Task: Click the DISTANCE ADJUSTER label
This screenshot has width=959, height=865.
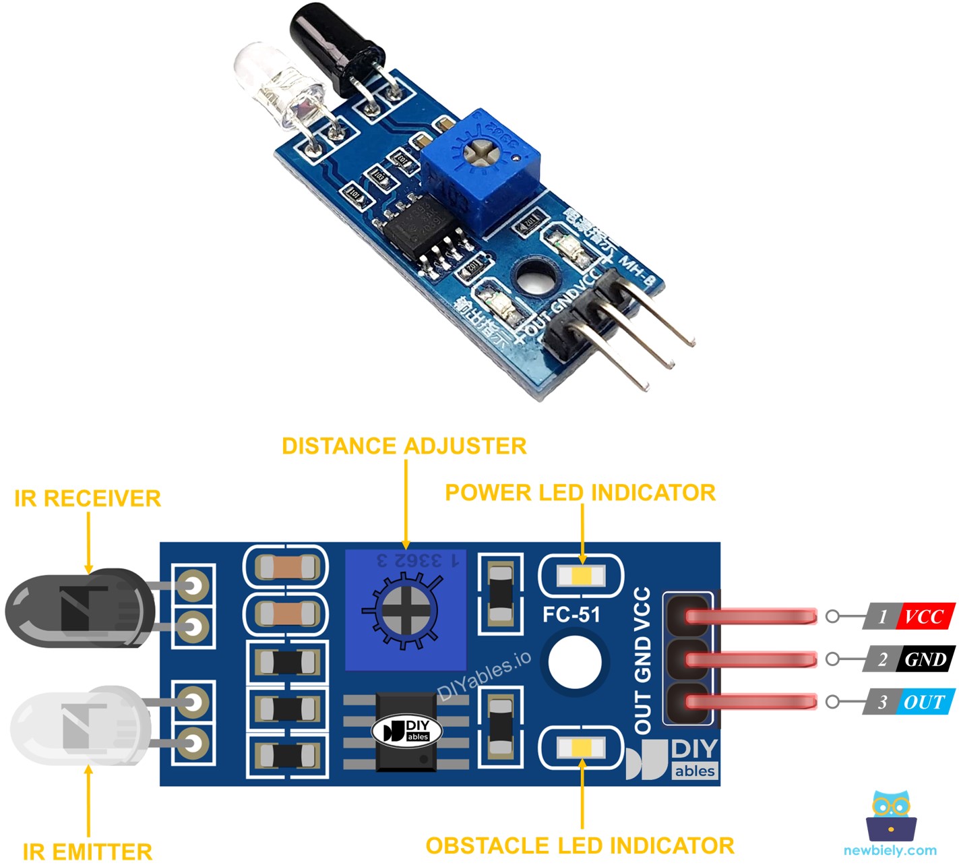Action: [404, 446]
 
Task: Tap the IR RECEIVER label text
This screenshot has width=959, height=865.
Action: [88, 499]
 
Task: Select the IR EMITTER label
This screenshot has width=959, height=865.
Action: [88, 852]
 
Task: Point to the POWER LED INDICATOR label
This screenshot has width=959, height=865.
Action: [580, 493]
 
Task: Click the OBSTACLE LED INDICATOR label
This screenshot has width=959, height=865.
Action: [580, 845]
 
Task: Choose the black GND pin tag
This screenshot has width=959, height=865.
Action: [925, 659]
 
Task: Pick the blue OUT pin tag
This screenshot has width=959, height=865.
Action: [925, 702]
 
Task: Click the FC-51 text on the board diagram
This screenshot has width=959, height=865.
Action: [571, 614]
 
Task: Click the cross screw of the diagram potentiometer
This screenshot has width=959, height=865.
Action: [404, 610]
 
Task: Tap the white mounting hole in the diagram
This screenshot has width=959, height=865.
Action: [574, 662]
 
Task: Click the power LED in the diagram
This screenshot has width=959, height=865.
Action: [581, 576]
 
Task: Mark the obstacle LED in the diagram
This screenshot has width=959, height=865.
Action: [581, 747]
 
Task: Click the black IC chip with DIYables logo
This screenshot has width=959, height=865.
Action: [406, 732]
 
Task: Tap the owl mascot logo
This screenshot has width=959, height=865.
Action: [890, 816]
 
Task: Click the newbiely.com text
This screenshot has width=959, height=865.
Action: [890, 851]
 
